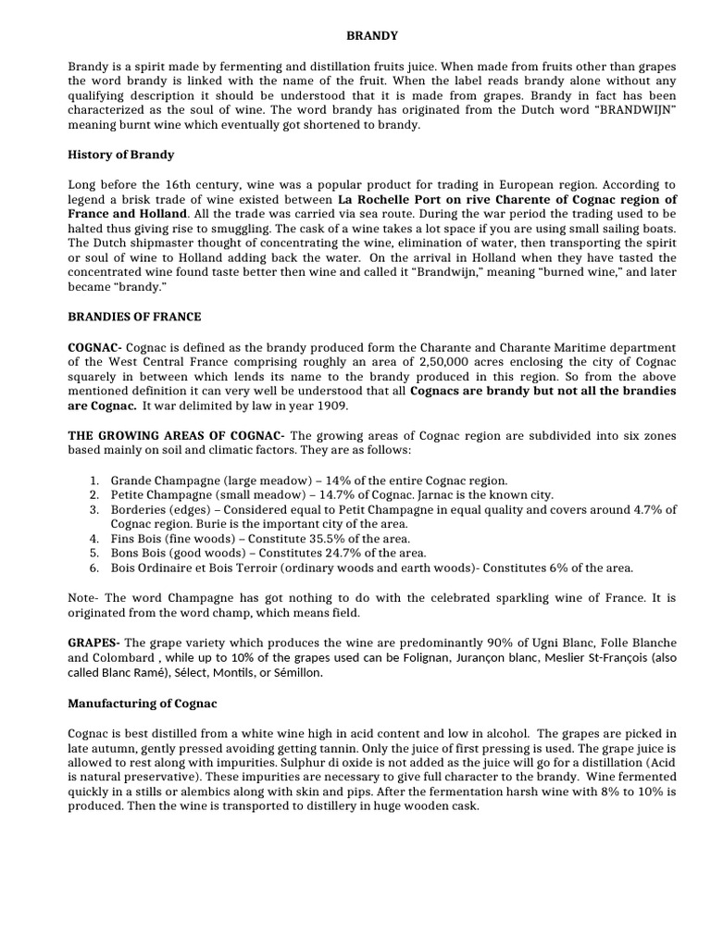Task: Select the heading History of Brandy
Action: [x=121, y=155]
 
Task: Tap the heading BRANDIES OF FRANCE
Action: [x=134, y=317]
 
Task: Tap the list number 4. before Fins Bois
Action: [x=94, y=538]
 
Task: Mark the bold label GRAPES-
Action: [x=94, y=643]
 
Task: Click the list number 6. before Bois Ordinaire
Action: [x=94, y=568]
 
